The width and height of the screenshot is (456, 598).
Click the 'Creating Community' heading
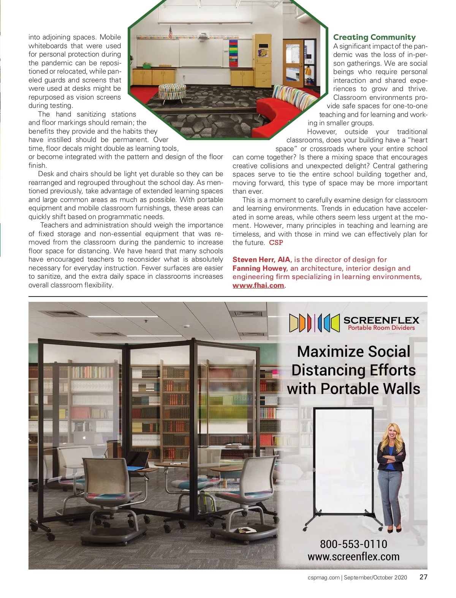[x=374, y=37]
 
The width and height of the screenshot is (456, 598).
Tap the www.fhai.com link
[x=258, y=285]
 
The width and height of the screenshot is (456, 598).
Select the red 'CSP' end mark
[x=276, y=243]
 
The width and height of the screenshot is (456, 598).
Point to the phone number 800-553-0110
[x=353, y=544]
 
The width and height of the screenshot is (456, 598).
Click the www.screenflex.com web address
[x=353, y=557]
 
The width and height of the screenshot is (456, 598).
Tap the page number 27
[x=423, y=577]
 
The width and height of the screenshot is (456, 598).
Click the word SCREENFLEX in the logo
[x=381, y=320]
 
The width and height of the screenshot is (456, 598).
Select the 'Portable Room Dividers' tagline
[x=381, y=328]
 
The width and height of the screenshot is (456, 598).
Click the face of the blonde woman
[x=391, y=433]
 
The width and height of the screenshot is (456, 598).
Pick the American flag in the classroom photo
[x=171, y=32]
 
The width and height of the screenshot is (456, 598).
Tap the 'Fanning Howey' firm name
[x=260, y=268]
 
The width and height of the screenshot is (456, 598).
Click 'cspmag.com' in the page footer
[x=323, y=577]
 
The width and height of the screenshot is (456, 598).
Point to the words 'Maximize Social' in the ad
[x=353, y=352]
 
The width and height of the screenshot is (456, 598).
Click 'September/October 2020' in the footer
[x=375, y=577]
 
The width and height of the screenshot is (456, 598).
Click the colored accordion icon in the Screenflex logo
[x=314, y=323]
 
